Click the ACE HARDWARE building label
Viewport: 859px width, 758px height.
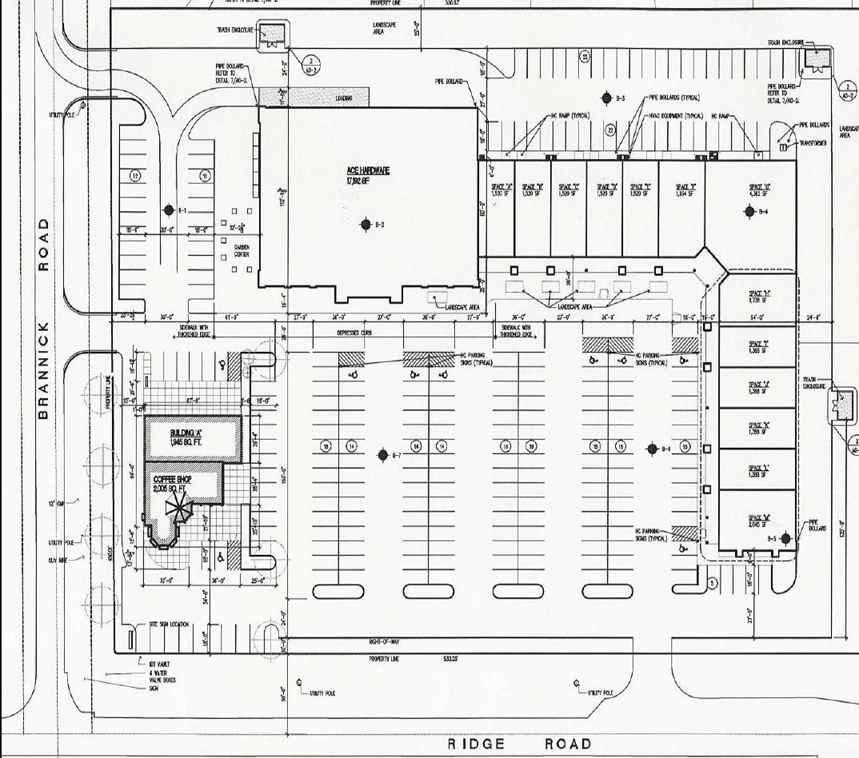pyautogui.click(x=367, y=171)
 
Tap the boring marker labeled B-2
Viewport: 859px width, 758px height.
pyautogui.click(x=366, y=225)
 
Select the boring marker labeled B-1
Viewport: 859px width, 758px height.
pyautogui.click(x=169, y=210)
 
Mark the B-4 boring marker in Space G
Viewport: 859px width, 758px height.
pyautogui.click(x=750, y=212)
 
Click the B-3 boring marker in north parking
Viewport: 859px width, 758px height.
pyautogui.click(x=609, y=98)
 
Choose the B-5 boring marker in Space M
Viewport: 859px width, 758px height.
pyautogui.click(x=786, y=539)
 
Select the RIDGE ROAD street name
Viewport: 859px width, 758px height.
pyautogui.click(x=519, y=744)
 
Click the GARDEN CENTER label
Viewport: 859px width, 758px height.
pyautogui.click(x=242, y=251)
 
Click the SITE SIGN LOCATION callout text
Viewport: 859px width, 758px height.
pyautogui.click(x=170, y=624)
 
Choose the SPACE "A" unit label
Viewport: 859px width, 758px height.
pyautogui.click(x=501, y=190)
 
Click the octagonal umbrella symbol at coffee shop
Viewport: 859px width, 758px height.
pyautogui.click(x=177, y=507)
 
